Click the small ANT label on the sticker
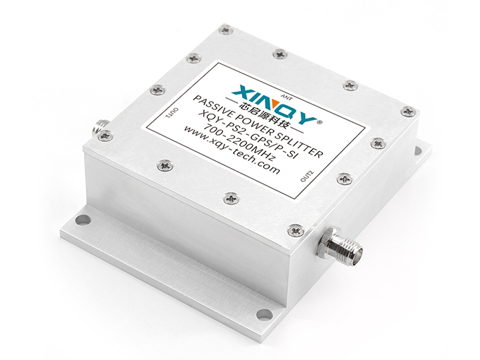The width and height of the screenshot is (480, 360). [288, 99]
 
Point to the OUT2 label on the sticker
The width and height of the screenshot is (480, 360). [307, 176]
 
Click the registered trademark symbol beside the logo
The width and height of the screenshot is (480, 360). [320, 122]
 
